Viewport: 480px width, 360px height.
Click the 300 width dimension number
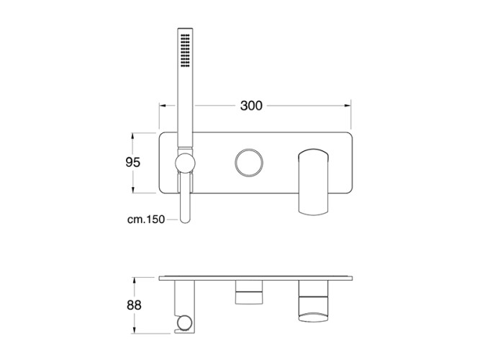[251, 106]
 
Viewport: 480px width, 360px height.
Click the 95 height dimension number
[133, 162]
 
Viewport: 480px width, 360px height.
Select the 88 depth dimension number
[134, 305]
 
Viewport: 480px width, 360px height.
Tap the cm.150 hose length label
[146, 220]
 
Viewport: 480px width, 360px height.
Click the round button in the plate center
[248, 163]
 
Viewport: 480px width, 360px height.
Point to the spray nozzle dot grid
[185, 50]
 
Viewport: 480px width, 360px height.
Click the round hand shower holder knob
[185, 163]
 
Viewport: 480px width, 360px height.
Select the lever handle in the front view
[313, 182]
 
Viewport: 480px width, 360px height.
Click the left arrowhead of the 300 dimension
[163, 106]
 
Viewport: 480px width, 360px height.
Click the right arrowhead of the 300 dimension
[348, 106]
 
